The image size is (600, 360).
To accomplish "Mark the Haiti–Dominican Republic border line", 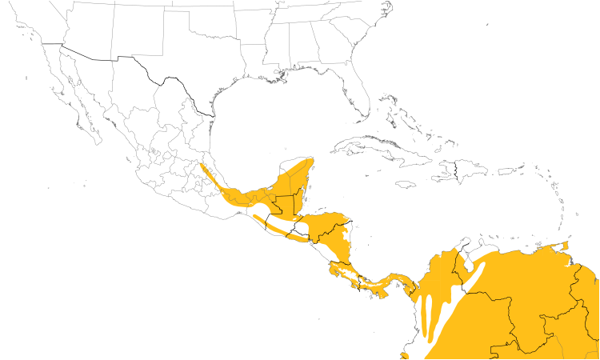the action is [456, 170].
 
